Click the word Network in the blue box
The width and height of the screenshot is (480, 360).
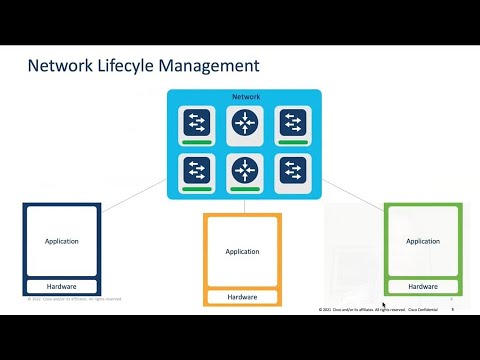pyautogui.click(x=244, y=97)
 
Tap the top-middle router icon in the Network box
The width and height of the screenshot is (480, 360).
pyautogui.click(x=244, y=122)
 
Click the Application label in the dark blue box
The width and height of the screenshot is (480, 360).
pyautogui.click(x=62, y=241)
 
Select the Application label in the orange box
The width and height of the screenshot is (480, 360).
pyautogui.click(x=243, y=251)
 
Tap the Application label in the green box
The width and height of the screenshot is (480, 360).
pyautogui.click(x=422, y=241)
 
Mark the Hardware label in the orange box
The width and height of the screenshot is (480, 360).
pyautogui.click(x=243, y=297)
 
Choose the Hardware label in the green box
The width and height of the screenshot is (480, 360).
pyautogui.click(x=422, y=287)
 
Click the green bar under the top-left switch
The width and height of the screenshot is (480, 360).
pyautogui.click(x=196, y=143)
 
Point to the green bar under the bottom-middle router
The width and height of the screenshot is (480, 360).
pyautogui.click(x=244, y=188)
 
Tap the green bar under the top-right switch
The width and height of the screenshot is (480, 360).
pyautogui.click(x=293, y=143)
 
